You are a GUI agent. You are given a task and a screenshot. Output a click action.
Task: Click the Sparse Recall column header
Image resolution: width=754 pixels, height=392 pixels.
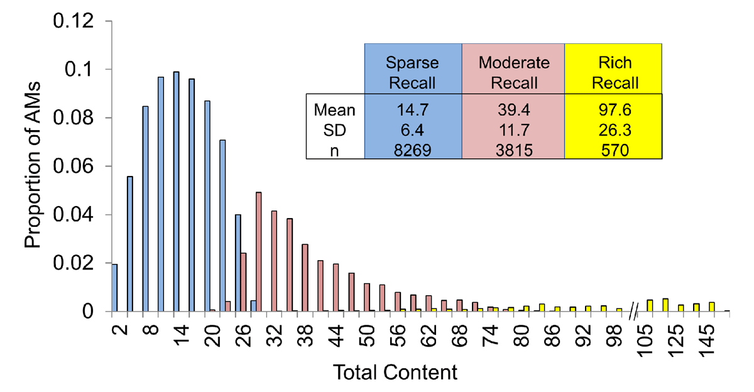pyautogui.click(x=413, y=72)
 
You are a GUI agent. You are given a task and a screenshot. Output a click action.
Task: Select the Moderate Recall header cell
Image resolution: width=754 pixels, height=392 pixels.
pyautogui.click(x=513, y=72)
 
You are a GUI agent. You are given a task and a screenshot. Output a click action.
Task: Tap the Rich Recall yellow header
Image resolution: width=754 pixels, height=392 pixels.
pyautogui.click(x=613, y=72)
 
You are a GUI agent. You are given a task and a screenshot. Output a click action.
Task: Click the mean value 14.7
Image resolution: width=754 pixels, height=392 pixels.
pyautogui.click(x=413, y=111)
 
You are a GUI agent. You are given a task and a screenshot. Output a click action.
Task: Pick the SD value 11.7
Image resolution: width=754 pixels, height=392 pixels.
pyautogui.click(x=513, y=131)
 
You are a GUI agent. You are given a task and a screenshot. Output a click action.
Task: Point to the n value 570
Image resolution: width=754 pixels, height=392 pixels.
pyautogui.click(x=613, y=151)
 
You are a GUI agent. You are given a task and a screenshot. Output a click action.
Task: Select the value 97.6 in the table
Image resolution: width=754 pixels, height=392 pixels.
pyautogui.click(x=613, y=111)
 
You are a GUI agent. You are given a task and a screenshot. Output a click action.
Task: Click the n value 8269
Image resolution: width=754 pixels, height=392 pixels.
pyautogui.click(x=413, y=151)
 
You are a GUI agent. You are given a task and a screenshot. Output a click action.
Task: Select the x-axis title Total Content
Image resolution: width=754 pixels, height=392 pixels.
pyautogui.click(x=396, y=372)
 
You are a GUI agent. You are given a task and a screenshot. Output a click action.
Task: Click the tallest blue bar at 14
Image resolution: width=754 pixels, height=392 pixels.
pyautogui.click(x=176, y=192)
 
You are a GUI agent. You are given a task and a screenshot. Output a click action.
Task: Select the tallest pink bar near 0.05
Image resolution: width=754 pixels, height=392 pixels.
pyautogui.click(x=258, y=252)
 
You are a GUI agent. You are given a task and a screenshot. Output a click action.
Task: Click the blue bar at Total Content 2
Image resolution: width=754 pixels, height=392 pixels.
pyautogui.click(x=114, y=288)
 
